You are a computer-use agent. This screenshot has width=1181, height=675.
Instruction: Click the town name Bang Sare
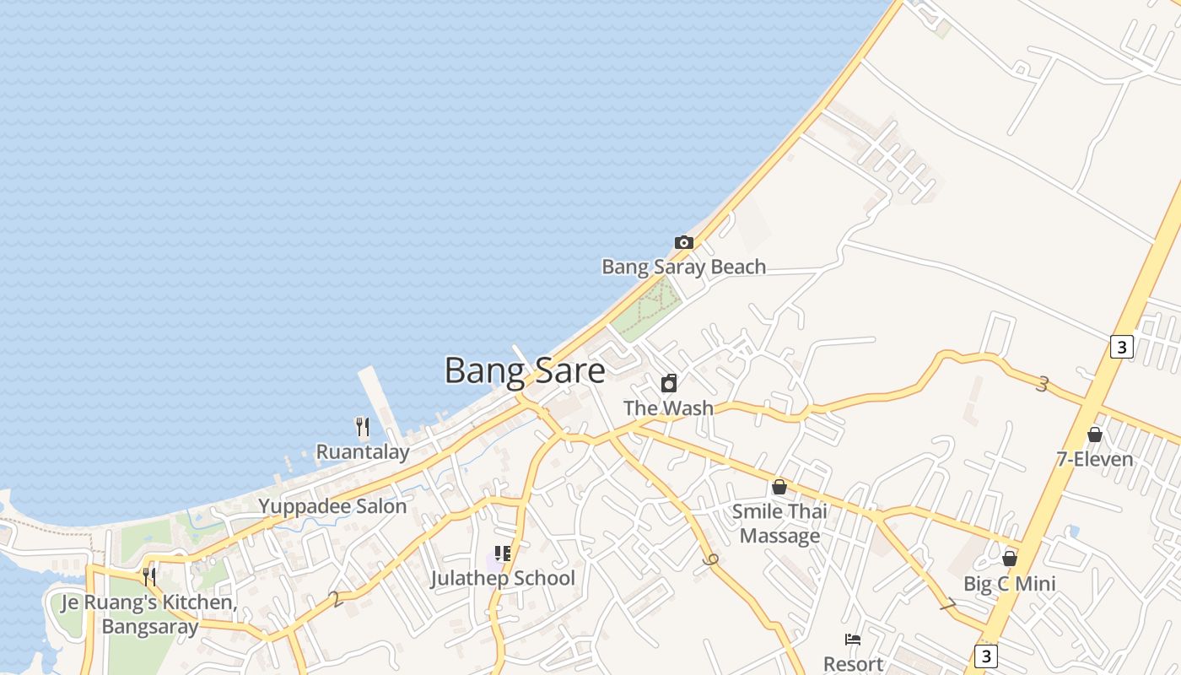click(525, 371)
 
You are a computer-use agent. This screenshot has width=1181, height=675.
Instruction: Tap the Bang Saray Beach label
click(683, 267)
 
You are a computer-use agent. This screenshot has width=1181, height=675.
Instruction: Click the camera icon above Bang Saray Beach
click(684, 243)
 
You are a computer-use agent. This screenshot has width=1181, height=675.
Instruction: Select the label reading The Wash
click(668, 408)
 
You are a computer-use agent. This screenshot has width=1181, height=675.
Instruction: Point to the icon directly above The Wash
click(669, 384)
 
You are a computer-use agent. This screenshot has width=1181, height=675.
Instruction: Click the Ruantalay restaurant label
click(363, 452)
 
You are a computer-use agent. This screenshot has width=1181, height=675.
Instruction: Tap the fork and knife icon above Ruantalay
click(363, 427)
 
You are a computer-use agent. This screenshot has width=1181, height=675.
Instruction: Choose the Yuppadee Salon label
click(332, 507)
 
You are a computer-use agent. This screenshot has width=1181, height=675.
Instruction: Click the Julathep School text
click(503, 579)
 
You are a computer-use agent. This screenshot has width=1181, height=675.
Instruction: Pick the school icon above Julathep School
click(503, 554)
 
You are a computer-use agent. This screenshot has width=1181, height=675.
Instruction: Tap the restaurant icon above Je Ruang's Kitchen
click(149, 577)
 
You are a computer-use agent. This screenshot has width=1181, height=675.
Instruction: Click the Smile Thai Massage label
click(779, 523)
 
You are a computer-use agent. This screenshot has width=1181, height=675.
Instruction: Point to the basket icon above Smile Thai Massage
click(779, 487)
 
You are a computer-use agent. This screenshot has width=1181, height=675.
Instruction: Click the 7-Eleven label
click(1095, 460)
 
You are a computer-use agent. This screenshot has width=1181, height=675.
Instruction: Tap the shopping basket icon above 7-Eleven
click(1095, 435)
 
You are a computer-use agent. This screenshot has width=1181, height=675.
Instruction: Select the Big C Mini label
click(1010, 584)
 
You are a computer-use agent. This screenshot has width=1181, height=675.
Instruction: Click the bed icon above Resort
click(853, 640)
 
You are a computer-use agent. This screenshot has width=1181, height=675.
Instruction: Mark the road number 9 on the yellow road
click(709, 559)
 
